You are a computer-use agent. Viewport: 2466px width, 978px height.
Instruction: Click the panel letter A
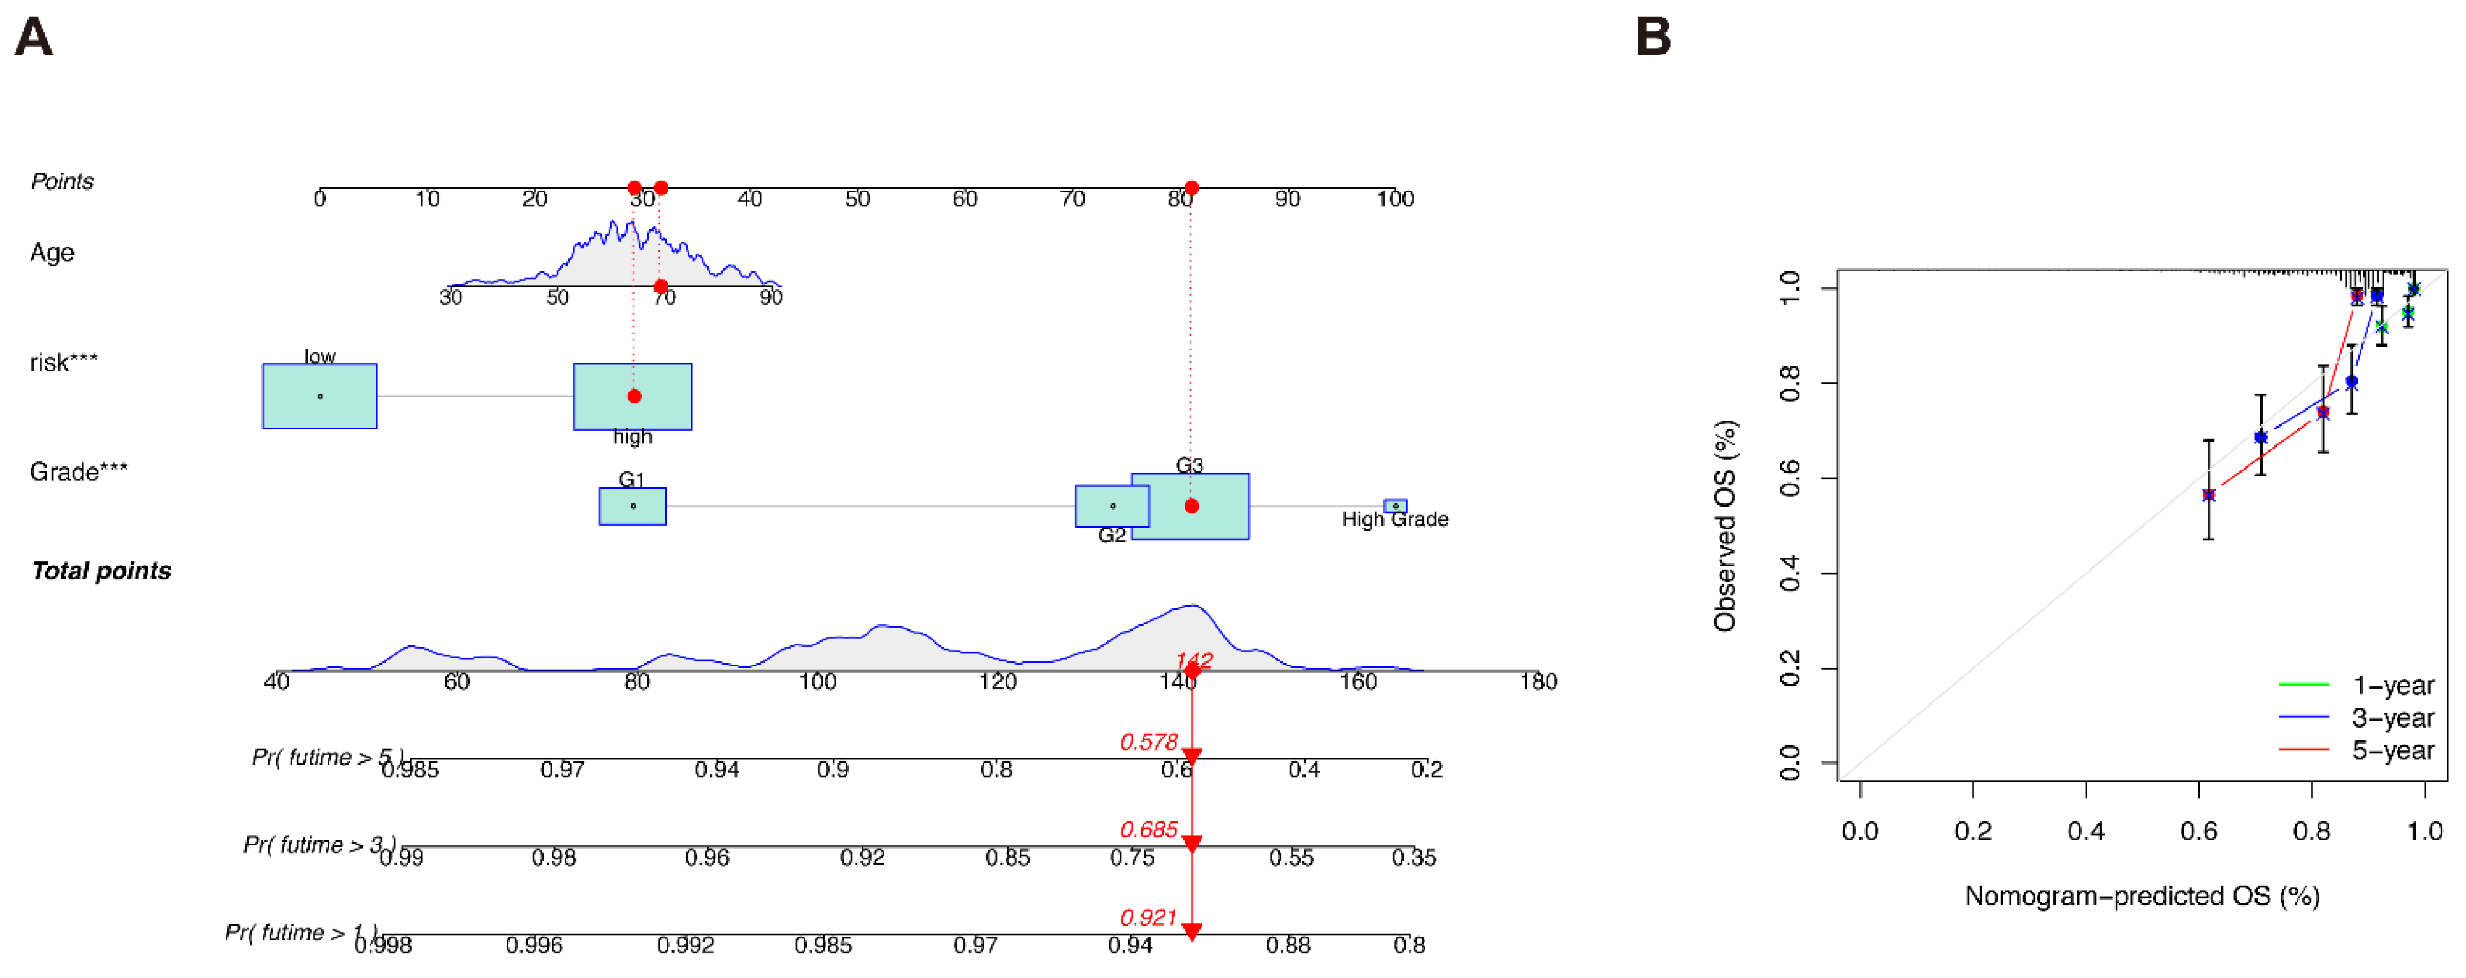pyautogui.click(x=34, y=38)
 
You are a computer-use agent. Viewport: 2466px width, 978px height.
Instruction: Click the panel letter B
pyautogui.click(x=1654, y=38)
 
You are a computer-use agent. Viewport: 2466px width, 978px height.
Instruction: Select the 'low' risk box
pyautogui.click(x=320, y=396)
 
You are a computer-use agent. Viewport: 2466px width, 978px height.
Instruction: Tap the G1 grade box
pyautogui.click(x=632, y=507)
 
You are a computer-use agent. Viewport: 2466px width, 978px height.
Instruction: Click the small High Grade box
pyautogui.click(x=1395, y=505)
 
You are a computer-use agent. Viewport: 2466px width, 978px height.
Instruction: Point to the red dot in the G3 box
pyautogui.click(x=1191, y=507)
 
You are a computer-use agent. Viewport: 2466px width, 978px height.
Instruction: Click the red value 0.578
pyautogui.click(x=1149, y=742)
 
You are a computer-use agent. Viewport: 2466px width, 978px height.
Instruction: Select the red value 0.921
pyautogui.click(x=1149, y=917)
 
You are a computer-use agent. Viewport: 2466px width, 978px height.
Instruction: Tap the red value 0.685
pyautogui.click(x=1149, y=829)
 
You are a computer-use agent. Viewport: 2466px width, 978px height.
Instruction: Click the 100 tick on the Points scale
pyautogui.click(x=1395, y=199)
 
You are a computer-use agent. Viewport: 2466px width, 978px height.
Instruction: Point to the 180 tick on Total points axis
pyautogui.click(x=1538, y=681)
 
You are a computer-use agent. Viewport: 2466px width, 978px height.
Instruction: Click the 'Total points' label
pyautogui.click(x=101, y=572)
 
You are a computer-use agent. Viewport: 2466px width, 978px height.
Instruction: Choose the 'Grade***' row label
pyautogui.click(x=78, y=471)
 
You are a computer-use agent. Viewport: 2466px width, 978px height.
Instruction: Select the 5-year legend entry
pyautogui.click(x=2392, y=751)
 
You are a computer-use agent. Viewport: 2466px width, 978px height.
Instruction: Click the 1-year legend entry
pyautogui.click(x=2392, y=685)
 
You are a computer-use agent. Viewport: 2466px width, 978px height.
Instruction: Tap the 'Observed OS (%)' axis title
pyautogui.click(x=1725, y=526)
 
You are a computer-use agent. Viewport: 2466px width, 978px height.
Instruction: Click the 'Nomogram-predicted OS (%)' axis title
pyautogui.click(x=2142, y=896)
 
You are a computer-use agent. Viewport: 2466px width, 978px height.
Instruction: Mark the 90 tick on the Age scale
pyautogui.click(x=770, y=298)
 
